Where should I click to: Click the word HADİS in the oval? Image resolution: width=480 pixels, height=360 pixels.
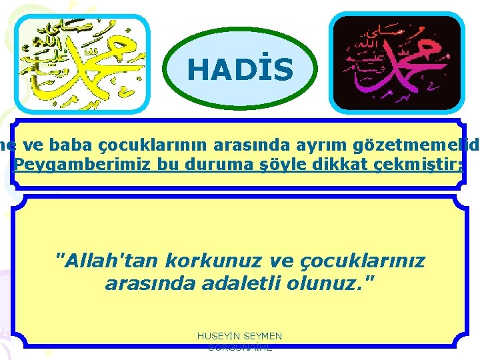click(x=240, y=69)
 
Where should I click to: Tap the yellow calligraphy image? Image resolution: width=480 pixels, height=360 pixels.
click(x=83, y=63)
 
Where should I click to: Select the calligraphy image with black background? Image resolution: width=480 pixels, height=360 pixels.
click(x=397, y=63)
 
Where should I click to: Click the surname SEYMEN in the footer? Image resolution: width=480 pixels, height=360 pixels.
click(x=263, y=337)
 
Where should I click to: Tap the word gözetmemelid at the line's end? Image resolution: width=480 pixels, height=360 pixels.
click(x=427, y=145)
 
